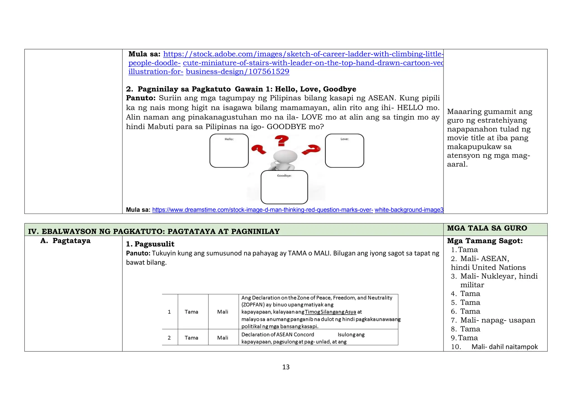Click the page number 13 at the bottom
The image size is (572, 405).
tap(286, 367)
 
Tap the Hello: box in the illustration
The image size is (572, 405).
tap(229, 151)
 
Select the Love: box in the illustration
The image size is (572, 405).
tap(344, 151)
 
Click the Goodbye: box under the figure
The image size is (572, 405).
tap(284, 187)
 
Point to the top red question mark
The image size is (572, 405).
tap(282, 141)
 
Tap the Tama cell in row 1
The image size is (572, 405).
tap(191, 312)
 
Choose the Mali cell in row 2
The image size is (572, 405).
tap(223, 338)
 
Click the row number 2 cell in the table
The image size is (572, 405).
tap(169, 338)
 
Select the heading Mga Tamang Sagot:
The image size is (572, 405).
tap(485, 241)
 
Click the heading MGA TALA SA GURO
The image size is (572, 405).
tap(487, 228)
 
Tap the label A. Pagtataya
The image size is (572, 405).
tap(66, 241)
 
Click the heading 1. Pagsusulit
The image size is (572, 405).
tap(150, 244)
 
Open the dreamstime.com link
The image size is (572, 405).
tap(263, 210)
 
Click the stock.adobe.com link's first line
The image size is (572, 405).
tap(303, 54)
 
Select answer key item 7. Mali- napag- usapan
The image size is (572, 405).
tap(493, 320)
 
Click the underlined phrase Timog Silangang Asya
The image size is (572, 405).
tap(330, 312)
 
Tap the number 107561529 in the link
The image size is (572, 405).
tap(269, 72)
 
